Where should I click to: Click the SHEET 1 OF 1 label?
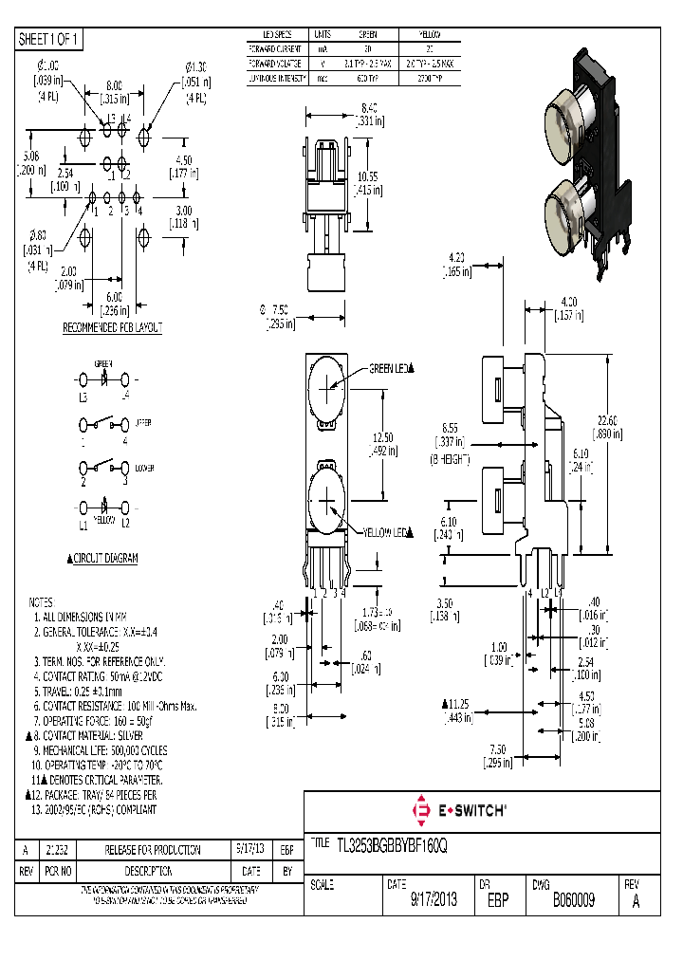pyautogui.click(x=50, y=40)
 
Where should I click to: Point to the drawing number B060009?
pyautogui.click(x=573, y=899)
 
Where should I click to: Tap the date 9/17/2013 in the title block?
pyautogui.click(x=434, y=899)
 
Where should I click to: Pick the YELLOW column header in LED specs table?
pyautogui.click(x=429, y=35)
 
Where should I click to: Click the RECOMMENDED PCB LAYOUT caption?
pyautogui.click(x=112, y=327)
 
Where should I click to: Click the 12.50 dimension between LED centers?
pyautogui.click(x=382, y=438)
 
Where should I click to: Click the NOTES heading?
pyautogui.click(x=42, y=602)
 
